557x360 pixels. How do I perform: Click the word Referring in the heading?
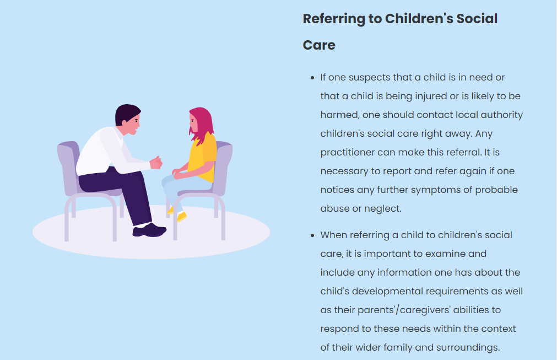(333, 19)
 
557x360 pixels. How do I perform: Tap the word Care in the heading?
(319, 45)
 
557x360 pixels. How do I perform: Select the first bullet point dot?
(312, 78)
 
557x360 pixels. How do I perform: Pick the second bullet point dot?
(312, 235)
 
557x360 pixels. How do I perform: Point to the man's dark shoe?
(149, 230)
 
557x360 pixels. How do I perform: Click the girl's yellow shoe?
(181, 216)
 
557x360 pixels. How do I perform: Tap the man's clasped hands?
(155, 163)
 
